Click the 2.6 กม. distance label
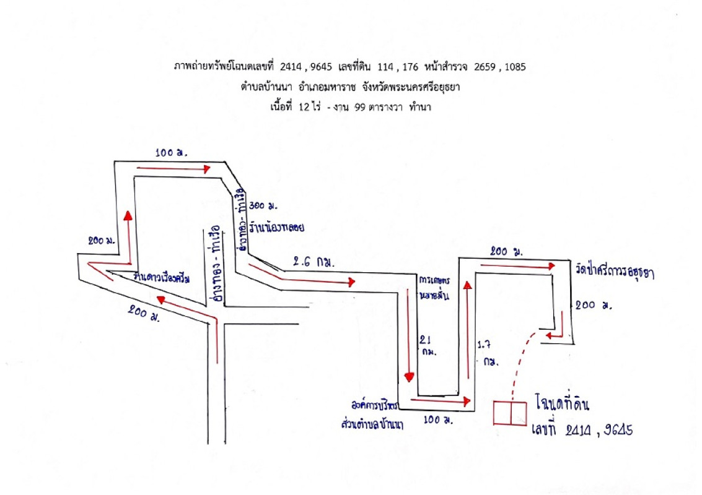click(312, 262)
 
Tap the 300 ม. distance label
click(263, 205)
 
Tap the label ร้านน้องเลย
click(278, 227)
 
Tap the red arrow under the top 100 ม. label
click(173, 168)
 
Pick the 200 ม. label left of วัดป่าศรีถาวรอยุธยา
click(504, 251)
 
